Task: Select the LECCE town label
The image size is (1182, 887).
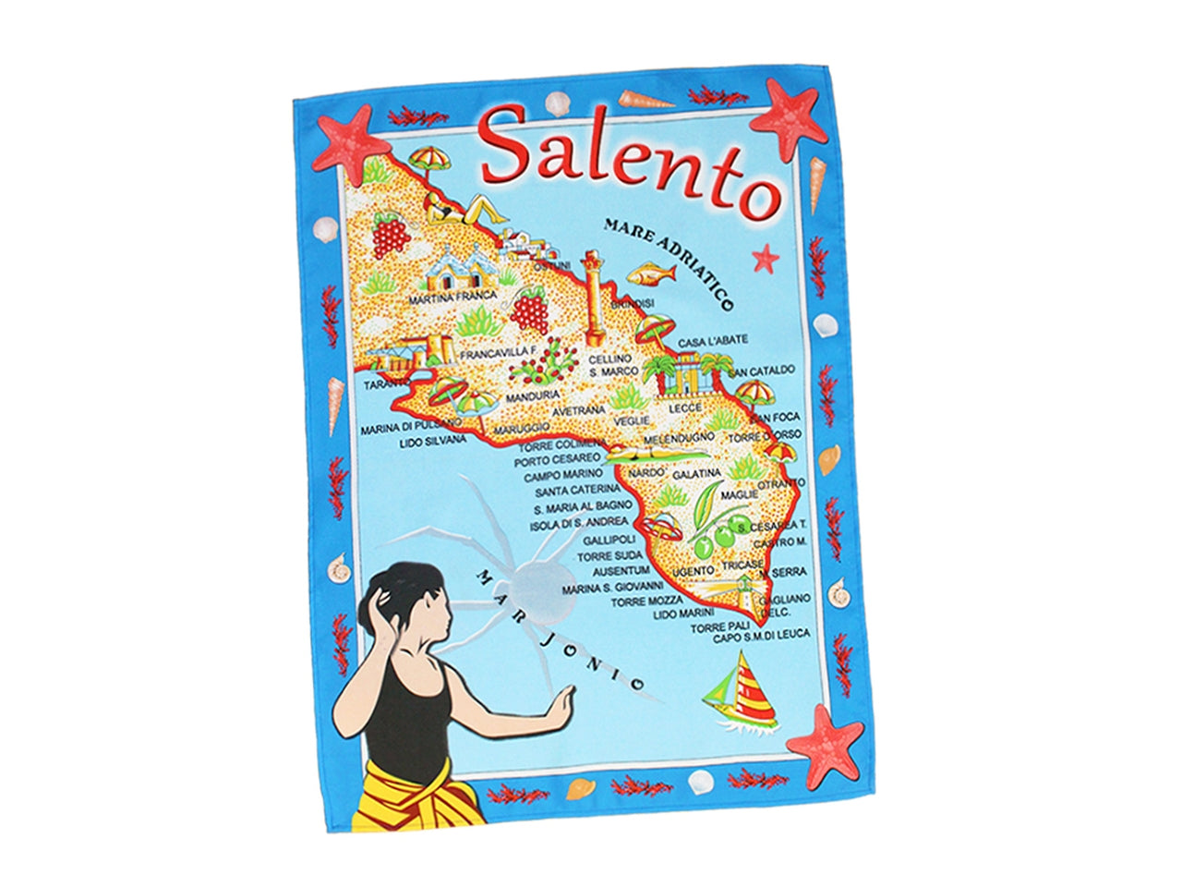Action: (x=685, y=407)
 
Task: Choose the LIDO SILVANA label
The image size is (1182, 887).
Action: (x=433, y=442)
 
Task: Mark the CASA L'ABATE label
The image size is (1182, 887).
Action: (x=713, y=341)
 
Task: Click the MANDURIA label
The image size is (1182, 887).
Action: (x=531, y=399)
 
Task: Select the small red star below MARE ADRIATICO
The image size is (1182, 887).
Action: (x=765, y=258)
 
